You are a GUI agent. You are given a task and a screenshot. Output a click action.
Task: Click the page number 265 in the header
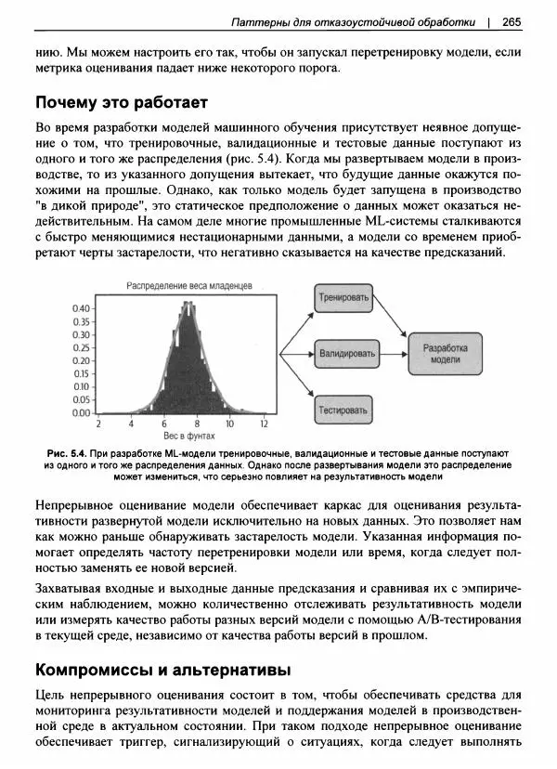tap(512, 21)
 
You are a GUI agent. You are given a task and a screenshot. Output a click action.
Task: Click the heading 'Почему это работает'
tap(121, 100)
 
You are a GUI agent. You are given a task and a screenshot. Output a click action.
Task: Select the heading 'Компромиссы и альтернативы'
tap(162, 669)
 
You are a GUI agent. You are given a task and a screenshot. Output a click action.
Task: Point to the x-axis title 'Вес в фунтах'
tap(189, 435)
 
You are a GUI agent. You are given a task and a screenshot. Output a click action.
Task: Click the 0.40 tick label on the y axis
tap(82, 308)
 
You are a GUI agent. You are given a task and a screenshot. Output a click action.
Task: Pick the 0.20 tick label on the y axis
tap(82, 359)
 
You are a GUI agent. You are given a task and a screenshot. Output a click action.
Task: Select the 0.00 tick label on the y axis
tap(82, 411)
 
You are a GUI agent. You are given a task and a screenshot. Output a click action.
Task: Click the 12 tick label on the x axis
tap(265, 424)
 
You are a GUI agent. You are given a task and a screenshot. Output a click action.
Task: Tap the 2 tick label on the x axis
tap(130, 424)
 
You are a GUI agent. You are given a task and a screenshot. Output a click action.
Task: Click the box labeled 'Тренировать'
tap(344, 299)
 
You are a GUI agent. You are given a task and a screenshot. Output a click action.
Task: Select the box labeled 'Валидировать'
tap(347, 354)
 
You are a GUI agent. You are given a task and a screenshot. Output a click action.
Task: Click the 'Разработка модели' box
tap(445, 354)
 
